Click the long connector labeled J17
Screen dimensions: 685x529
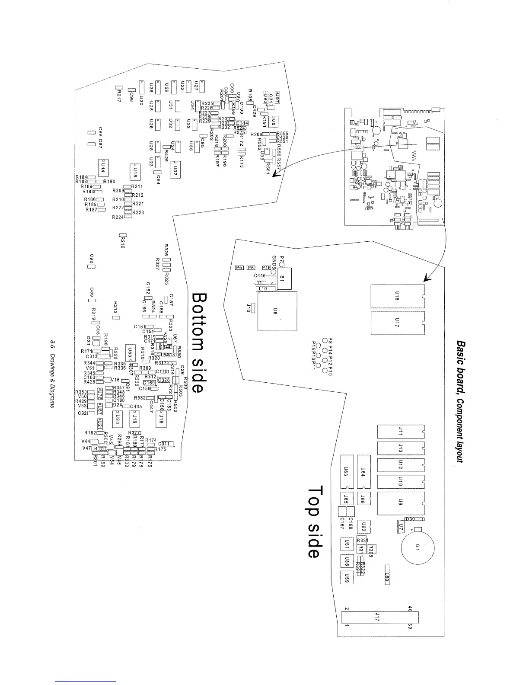[377, 615]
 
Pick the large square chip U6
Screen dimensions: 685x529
[277, 311]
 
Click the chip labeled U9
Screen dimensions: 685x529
[401, 502]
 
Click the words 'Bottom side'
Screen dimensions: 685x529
[197, 343]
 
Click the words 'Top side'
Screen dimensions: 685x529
[315, 522]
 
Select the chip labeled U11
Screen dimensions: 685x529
[401, 431]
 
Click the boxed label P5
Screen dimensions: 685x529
[239, 268]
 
